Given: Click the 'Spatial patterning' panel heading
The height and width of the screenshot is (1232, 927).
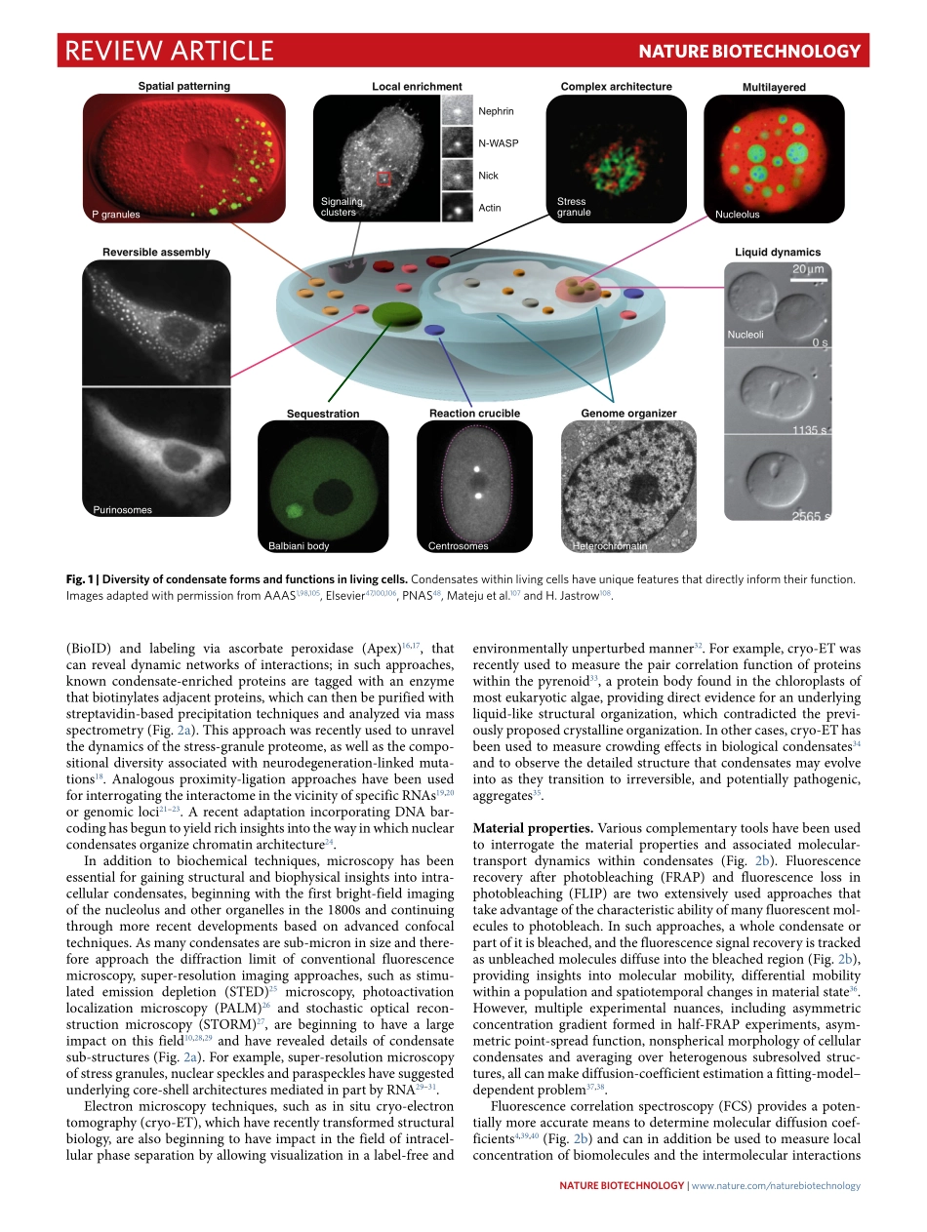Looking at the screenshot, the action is point(184,87).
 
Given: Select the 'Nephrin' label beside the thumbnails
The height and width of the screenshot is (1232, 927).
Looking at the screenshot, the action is point(496,112).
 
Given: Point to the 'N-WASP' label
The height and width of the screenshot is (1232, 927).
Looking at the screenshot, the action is point(498,143).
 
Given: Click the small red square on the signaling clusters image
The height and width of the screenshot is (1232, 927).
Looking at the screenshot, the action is point(383,179).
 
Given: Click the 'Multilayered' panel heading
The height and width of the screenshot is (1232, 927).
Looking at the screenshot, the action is point(774,88).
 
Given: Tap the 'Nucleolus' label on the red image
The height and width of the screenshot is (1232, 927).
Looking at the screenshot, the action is point(737,215).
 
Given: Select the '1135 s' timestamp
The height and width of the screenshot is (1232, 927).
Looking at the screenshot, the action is point(810,429).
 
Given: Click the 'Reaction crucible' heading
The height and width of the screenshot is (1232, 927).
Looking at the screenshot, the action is point(474,414).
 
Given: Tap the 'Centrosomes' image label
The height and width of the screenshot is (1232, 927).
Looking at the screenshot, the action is point(458,546).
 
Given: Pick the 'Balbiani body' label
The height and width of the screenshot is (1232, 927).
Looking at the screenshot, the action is point(299,546).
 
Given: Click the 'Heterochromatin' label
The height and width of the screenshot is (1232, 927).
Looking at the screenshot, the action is point(610,546).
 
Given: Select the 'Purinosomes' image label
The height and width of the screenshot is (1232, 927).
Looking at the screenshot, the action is point(123,510).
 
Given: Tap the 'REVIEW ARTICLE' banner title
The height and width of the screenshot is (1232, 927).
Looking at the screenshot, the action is point(169,51).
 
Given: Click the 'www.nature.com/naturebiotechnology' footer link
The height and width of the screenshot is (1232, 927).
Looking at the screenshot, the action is point(776,1186).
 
